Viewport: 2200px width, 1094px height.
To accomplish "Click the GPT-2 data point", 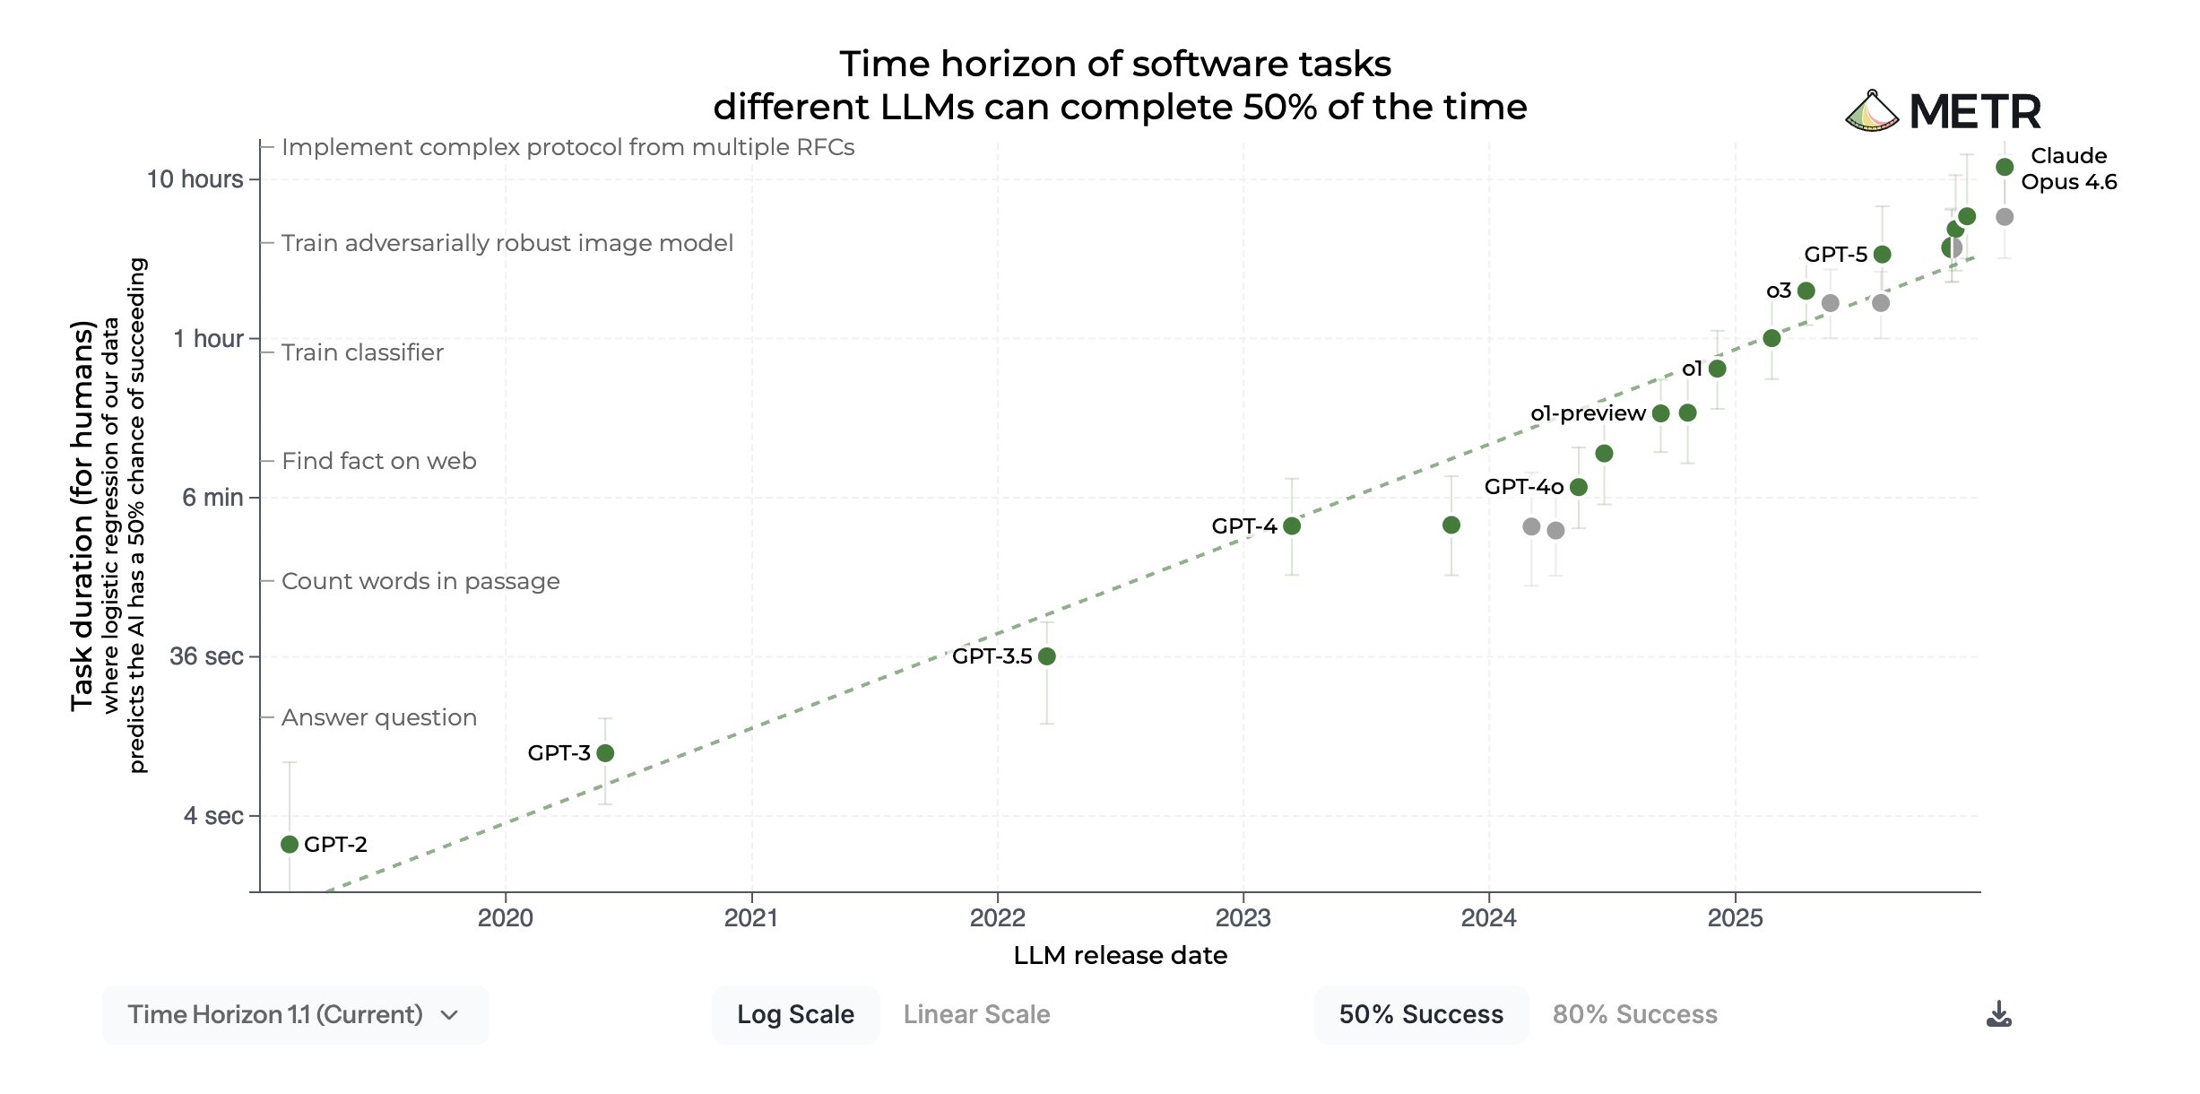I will [x=289, y=844].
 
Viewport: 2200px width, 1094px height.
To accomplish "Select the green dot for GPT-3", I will [x=605, y=753].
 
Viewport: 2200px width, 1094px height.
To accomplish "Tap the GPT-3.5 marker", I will [x=1046, y=656].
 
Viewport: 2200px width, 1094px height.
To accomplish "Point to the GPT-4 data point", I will [x=1292, y=525].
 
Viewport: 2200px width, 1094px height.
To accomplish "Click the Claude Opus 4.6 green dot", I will [x=2005, y=168].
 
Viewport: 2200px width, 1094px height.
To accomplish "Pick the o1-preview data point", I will [x=1660, y=413].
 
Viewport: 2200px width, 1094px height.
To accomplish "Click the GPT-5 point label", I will [x=1835, y=255].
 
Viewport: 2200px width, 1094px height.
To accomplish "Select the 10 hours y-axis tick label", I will [x=195, y=179].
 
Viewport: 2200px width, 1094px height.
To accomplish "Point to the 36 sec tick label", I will [x=206, y=656].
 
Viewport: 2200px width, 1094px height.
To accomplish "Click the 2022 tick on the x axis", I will [x=997, y=917].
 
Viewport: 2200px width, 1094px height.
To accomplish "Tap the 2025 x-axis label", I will [x=1735, y=917].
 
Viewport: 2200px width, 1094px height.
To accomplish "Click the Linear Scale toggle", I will [x=976, y=1014].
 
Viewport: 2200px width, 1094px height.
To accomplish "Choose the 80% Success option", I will [x=1634, y=1014].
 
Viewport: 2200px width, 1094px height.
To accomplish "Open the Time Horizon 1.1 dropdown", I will [x=294, y=1014].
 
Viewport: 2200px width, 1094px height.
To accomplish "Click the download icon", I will [x=1998, y=1014].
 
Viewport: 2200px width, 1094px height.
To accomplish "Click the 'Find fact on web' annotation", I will [x=378, y=461].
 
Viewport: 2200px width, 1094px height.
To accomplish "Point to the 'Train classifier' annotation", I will [x=362, y=352].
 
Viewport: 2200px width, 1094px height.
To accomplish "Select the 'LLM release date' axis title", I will [x=1120, y=956].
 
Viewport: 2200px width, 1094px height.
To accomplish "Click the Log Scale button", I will [x=795, y=1014].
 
